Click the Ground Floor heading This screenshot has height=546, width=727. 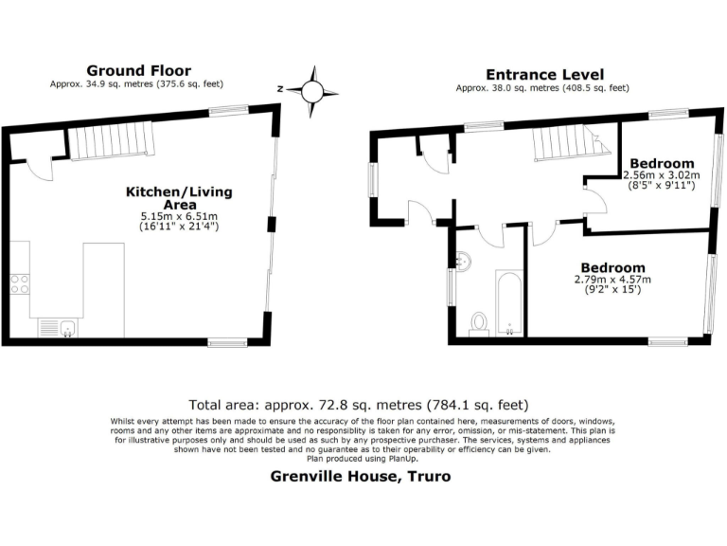point(138,70)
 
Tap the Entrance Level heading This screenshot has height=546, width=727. point(544,75)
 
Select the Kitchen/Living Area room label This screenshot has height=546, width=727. point(179,198)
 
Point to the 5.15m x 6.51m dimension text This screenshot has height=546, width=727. point(179,216)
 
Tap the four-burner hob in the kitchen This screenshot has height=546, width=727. point(19,283)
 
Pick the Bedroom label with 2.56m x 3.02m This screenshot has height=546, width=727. point(663,163)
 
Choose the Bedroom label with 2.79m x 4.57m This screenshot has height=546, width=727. point(614,268)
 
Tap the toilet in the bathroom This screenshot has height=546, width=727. point(479,323)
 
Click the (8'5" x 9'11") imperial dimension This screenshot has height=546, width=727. point(663,187)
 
